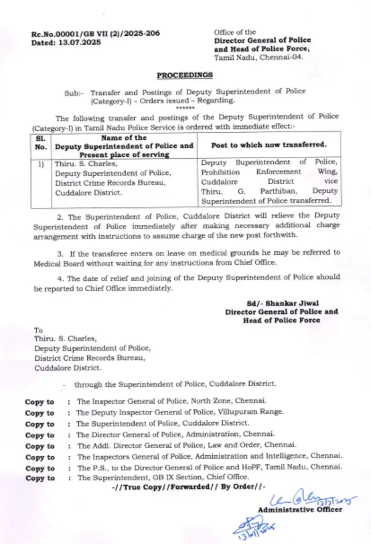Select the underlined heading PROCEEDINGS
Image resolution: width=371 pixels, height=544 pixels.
(184, 75)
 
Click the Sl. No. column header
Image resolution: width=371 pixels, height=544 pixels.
(41, 143)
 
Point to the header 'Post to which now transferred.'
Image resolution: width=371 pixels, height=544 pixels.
(269, 144)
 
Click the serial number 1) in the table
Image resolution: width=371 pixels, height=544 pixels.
(41, 164)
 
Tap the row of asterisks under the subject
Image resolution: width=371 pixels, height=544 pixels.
(185, 108)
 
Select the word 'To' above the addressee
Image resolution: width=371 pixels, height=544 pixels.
(39, 329)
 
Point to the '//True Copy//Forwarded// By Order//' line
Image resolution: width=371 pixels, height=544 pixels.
(189, 487)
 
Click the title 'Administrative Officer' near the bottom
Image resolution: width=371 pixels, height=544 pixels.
(299, 510)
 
